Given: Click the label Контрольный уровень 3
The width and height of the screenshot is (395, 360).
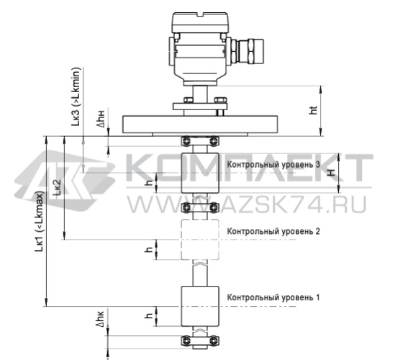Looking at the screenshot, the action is (273, 165).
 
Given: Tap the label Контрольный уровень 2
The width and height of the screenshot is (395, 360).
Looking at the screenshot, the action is (273, 231).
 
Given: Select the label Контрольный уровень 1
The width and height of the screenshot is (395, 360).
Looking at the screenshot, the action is (273, 297).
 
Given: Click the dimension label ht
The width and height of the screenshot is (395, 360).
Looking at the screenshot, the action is (313, 110).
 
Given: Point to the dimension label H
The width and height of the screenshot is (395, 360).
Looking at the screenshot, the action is (332, 173).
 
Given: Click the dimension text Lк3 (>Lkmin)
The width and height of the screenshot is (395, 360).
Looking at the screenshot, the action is (76, 96).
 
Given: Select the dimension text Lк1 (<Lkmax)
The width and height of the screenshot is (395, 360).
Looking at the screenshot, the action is (40, 221).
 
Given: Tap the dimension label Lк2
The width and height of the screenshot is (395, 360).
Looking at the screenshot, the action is (57, 188).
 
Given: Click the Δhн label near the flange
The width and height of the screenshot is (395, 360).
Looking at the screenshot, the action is (101, 119).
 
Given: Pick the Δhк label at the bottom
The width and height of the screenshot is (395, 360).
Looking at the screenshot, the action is (100, 319).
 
